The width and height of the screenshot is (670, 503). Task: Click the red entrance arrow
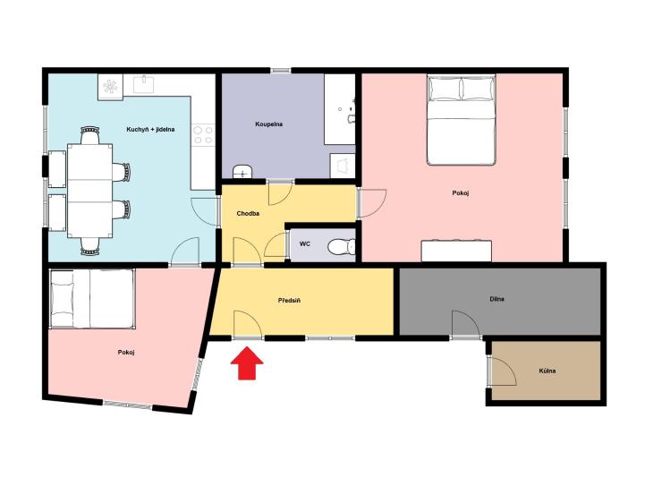point(247,362)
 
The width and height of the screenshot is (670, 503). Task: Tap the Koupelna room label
point(268,124)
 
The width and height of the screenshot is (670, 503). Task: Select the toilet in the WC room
point(342,247)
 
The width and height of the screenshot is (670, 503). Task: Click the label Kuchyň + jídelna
point(150,129)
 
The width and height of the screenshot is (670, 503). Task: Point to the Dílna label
point(497,299)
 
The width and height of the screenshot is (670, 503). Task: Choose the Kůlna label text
point(547,371)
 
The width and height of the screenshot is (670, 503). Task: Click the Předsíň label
point(289,301)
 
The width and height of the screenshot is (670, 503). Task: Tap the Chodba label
point(248,213)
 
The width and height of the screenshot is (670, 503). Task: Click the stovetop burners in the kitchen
point(202,134)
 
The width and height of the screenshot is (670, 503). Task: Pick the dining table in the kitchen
point(90,191)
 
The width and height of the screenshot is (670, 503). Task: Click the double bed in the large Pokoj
point(462,120)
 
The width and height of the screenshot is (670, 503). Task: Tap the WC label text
point(305,244)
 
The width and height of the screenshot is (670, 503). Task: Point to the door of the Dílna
point(466,323)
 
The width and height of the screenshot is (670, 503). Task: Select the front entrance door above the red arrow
point(248,325)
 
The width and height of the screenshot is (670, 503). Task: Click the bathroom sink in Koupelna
point(242,172)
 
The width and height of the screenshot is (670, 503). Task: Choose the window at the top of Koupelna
point(280,71)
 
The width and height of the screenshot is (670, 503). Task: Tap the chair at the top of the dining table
point(90,135)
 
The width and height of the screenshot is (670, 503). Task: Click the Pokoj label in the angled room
point(126,353)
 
